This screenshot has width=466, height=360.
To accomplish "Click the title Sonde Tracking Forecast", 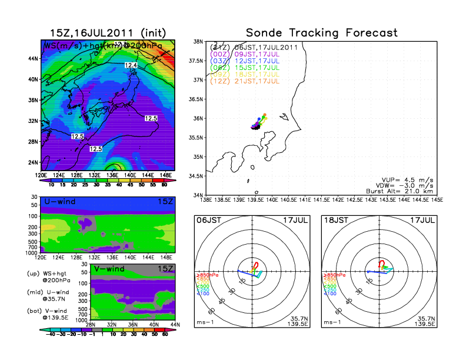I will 321,33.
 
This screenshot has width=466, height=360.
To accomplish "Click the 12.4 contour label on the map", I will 131,65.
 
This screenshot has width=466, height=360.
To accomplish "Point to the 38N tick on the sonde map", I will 199,42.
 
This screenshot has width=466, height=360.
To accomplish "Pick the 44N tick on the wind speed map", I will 34,58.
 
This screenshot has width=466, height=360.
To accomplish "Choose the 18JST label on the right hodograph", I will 335,220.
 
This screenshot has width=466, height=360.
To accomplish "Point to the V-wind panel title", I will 112,269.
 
